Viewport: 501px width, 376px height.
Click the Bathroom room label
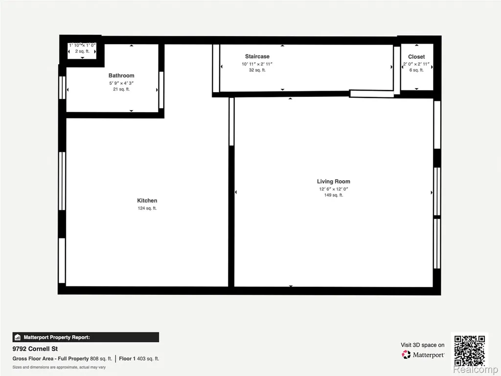pyautogui.click(x=121, y=76)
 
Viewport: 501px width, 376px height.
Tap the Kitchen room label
pyautogui.click(x=147, y=200)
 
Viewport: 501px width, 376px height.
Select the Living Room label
pyautogui.click(x=334, y=182)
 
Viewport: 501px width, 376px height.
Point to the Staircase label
pyautogui.click(x=257, y=57)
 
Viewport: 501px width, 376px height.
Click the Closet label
pyautogui.click(x=416, y=57)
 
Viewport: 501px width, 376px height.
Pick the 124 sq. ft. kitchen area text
pyautogui.click(x=147, y=208)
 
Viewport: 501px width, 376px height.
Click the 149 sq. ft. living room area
pyautogui.click(x=334, y=195)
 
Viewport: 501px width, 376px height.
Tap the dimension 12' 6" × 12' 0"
pyautogui.click(x=334, y=189)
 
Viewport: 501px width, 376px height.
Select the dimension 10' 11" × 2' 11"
pyautogui.click(x=257, y=64)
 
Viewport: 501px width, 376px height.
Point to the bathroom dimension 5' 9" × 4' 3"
pyautogui.click(x=121, y=83)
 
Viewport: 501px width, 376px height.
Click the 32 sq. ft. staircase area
pyautogui.click(x=257, y=70)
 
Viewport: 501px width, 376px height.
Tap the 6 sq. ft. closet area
pyautogui.click(x=416, y=70)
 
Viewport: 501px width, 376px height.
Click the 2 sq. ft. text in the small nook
pyautogui.click(x=82, y=51)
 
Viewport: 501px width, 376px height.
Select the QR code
pyautogui.click(x=470, y=351)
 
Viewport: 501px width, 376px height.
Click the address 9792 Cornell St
pyautogui.click(x=35, y=349)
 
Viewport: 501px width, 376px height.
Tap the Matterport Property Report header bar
pyautogui.click(x=86, y=337)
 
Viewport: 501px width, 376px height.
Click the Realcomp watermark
pyautogui.click(x=475, y=370)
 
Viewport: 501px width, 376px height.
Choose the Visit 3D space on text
pyautogui.click(x=422, y=345)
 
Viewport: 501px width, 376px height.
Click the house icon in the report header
pyautogui.click(x=18, y=337)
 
